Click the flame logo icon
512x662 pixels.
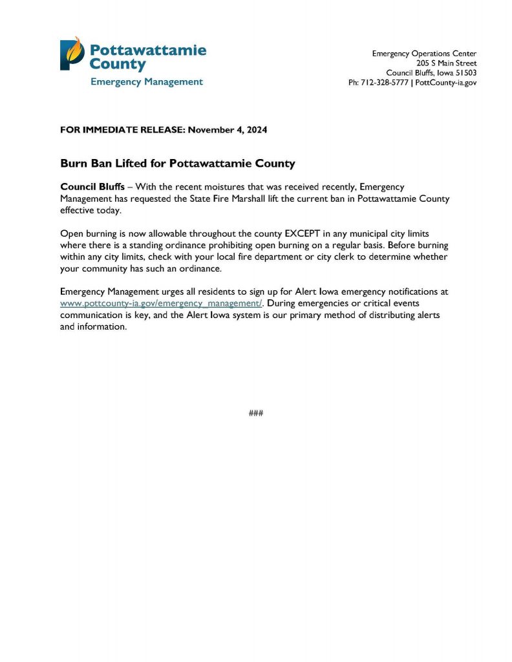72,54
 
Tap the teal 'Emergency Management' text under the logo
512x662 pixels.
146,81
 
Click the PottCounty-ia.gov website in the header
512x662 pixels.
446,83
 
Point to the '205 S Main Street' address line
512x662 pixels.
446,63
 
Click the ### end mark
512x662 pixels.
255,413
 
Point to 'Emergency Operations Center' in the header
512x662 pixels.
424,53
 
